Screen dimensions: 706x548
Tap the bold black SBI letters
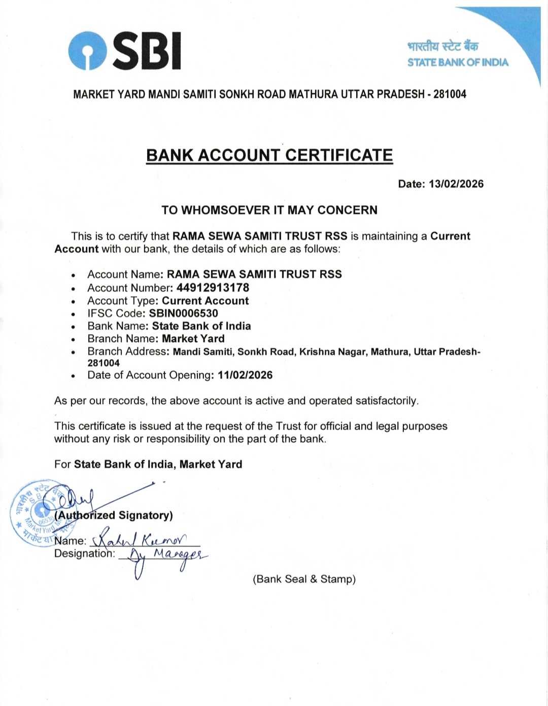pyautogui.click(x=146, y=50)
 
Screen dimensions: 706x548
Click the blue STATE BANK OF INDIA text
pyautogui.click(x=458, y=62)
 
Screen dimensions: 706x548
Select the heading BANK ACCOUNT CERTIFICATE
pyautogui.click(x=269, y=155)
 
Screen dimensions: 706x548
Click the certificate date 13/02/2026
pyautogui.click(x=456, y=184)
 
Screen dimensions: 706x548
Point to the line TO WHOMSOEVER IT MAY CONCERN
pyautogui.click(x=269, y=210)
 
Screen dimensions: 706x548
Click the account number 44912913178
pyautogui.click(x=213, y=288)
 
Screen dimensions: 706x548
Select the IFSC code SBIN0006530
pyautogui.click(x=183, y=313)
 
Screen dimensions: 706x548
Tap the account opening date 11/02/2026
pyautogui.click(x=245, y=375)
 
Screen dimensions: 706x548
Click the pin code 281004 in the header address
pyautogui.click(x=450, y=94)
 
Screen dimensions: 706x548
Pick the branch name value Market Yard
pyautogui.click(x=193, y=339)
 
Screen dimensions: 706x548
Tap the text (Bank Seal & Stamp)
pyautogui.click(x=304, y=579)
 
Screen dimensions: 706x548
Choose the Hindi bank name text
pyautogui.click(x=442, y=47)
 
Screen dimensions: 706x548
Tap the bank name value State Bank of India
pyautogui.click(x=201, y=326)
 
